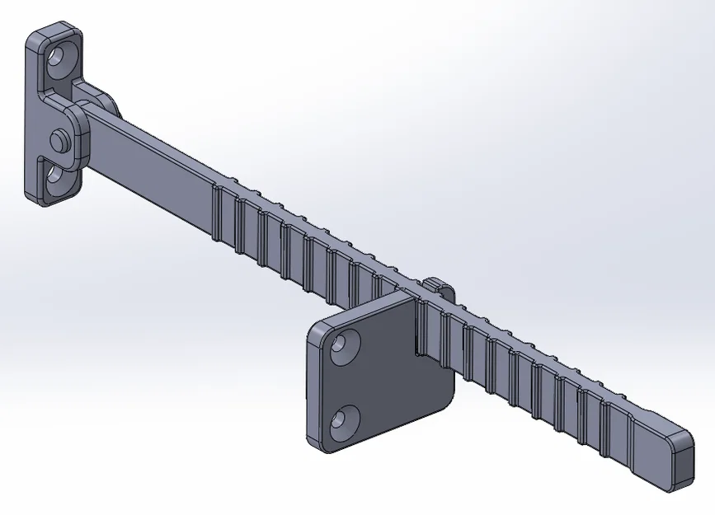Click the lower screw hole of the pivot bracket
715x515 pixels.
click(54, 174)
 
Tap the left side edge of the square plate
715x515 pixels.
click(314, 387)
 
